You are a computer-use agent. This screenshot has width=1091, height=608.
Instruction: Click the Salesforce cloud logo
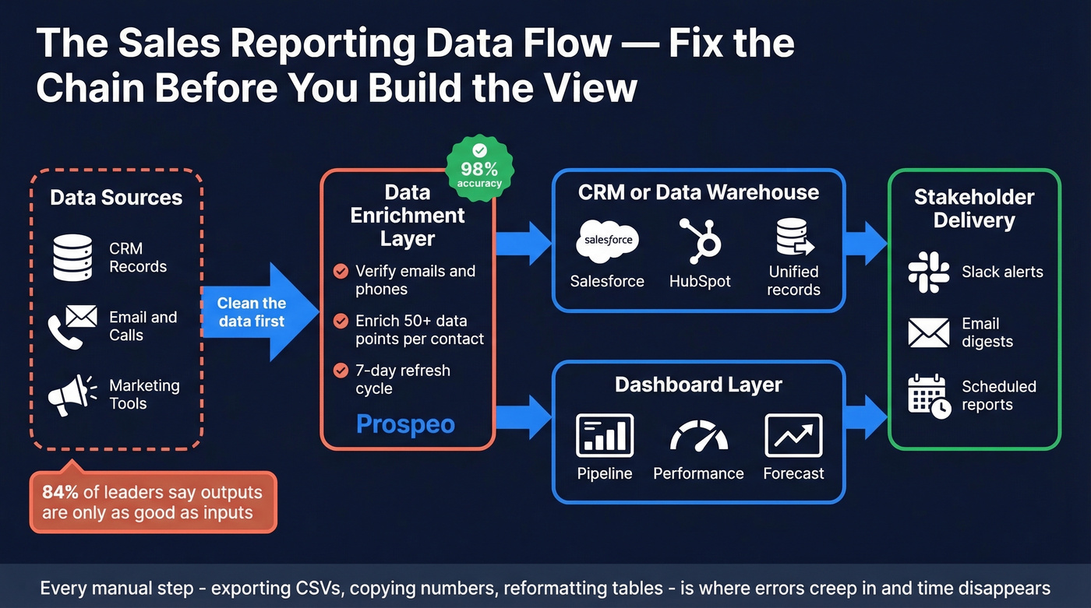607,241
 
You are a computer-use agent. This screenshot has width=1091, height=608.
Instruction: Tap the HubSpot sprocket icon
700,240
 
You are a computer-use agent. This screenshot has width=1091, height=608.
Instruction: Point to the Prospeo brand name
405,424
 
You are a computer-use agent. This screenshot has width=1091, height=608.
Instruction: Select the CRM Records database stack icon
72,258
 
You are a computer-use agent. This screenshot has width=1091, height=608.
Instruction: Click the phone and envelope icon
72,326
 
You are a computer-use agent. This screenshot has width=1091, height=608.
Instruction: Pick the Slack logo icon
929,272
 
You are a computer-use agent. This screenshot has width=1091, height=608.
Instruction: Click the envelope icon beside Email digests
929,332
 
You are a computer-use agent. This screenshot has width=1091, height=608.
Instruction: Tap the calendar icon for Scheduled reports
929,396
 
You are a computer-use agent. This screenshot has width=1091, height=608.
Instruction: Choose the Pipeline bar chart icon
605,435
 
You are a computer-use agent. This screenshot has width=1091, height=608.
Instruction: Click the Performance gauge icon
699,436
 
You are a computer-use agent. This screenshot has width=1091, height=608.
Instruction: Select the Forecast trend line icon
793,435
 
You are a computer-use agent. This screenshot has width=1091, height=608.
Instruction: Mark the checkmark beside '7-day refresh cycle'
341,371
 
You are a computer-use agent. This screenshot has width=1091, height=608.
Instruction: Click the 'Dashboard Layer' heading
698,385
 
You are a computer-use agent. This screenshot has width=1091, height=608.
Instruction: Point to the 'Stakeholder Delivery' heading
974,209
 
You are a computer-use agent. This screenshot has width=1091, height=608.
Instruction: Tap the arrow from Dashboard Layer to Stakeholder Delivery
866,416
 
